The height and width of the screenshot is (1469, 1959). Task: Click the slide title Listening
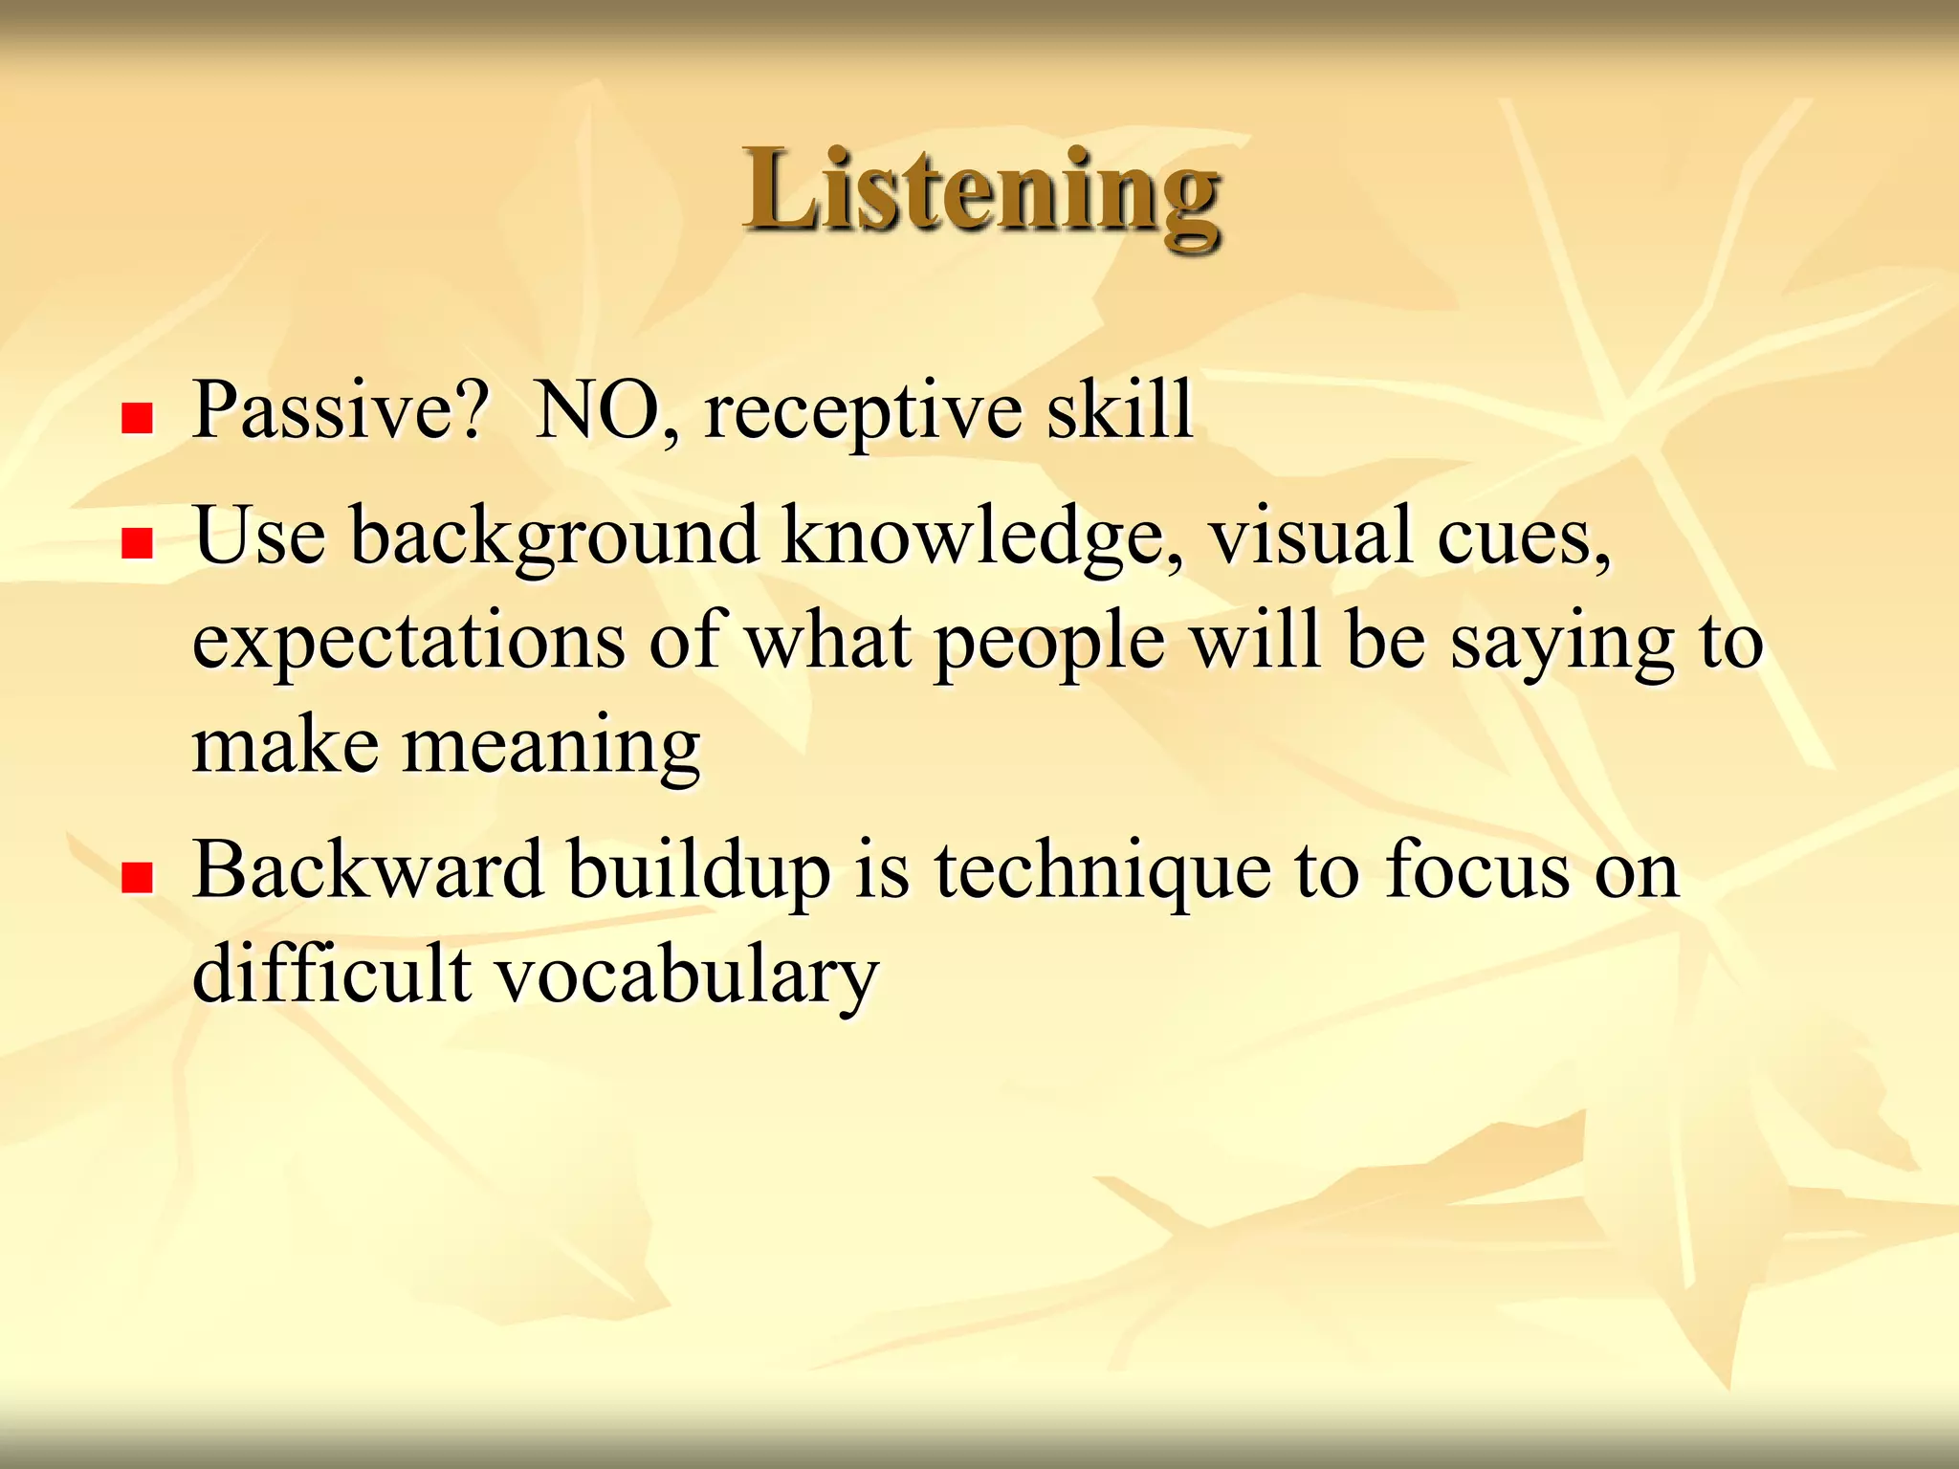[981, 191]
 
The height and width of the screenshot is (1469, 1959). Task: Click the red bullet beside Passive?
[138, 419]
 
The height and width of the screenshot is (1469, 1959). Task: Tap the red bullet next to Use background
[138, 543]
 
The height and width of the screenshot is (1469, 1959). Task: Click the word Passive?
[341, 411]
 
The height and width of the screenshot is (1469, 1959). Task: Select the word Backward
[368, 870]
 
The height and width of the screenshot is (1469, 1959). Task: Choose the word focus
[1477, 870]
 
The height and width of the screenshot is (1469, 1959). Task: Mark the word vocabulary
[687, 976]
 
